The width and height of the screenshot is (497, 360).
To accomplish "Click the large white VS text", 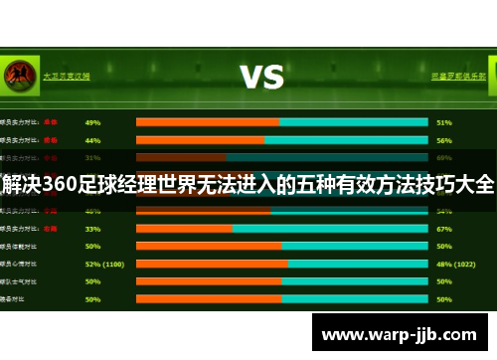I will coord(262,76).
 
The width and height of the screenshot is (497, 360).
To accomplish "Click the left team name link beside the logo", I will coord(67,76).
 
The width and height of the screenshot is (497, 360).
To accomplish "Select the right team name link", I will coord(458,76).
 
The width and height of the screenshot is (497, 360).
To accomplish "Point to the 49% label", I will coord(92,123).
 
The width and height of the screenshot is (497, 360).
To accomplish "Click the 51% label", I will coord(444,123).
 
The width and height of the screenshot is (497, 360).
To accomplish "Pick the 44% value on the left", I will coord(92,140).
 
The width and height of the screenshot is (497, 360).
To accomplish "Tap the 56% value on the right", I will coord(444,140).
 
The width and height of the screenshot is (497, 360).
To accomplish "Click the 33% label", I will coord(92,228).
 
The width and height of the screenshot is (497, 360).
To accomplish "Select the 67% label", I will coord(444,228).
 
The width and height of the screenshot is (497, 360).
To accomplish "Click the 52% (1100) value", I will coord(104,264).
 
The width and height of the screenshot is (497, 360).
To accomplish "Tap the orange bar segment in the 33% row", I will coord(184,228).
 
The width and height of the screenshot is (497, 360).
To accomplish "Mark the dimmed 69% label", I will coord(444,157).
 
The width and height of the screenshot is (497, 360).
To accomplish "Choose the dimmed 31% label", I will coord(92,157).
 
